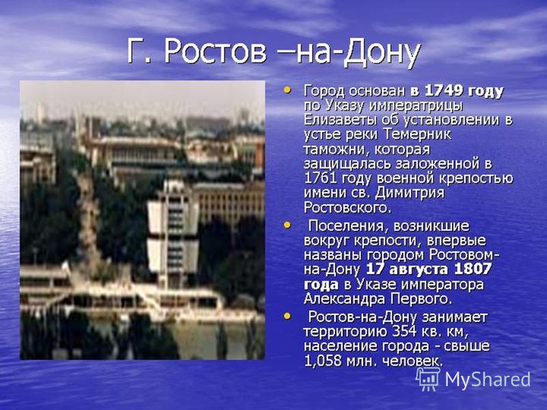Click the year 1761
tap(320, 178)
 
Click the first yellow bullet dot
tap(287, 90)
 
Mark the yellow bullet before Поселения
tap(287, 225)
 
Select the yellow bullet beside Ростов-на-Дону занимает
tap(287, 316)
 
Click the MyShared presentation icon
tap(428, 379)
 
